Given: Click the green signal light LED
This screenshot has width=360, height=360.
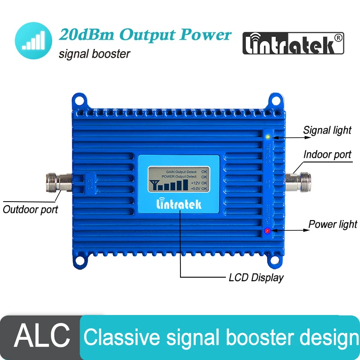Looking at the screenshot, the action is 268,137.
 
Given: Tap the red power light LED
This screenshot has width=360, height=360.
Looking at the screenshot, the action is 267,231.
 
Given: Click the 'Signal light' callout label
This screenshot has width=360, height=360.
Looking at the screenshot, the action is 327,130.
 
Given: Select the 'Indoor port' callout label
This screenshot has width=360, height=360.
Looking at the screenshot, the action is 327,154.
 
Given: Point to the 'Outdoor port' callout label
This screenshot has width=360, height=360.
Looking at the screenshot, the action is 31,209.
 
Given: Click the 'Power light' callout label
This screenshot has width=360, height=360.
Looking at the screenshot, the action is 333,224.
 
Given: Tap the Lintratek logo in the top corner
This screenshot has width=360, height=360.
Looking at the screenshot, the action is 293,44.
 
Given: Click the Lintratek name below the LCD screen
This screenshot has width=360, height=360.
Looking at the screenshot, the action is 179,204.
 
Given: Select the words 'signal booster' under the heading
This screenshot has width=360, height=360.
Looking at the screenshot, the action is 94,54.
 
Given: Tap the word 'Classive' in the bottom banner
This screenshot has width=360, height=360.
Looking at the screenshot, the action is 118,337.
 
